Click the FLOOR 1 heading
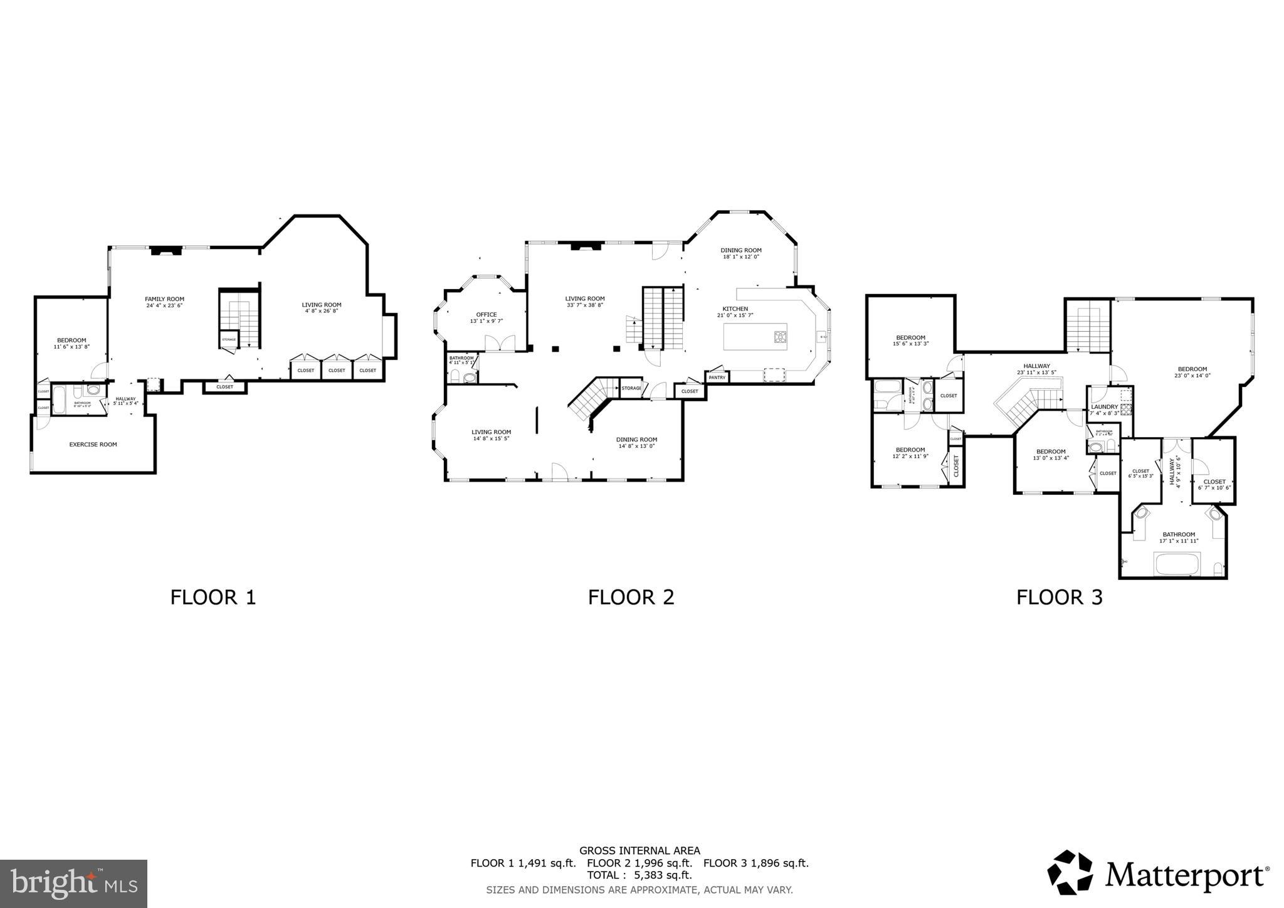213,597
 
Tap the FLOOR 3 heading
1059,597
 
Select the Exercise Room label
93,445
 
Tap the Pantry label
717,377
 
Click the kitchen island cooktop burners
780,337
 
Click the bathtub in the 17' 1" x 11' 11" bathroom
1177,564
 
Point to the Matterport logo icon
1070,872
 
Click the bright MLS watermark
74,884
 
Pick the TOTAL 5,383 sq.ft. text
639,875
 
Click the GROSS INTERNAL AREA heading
639,850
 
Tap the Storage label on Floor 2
631,388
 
